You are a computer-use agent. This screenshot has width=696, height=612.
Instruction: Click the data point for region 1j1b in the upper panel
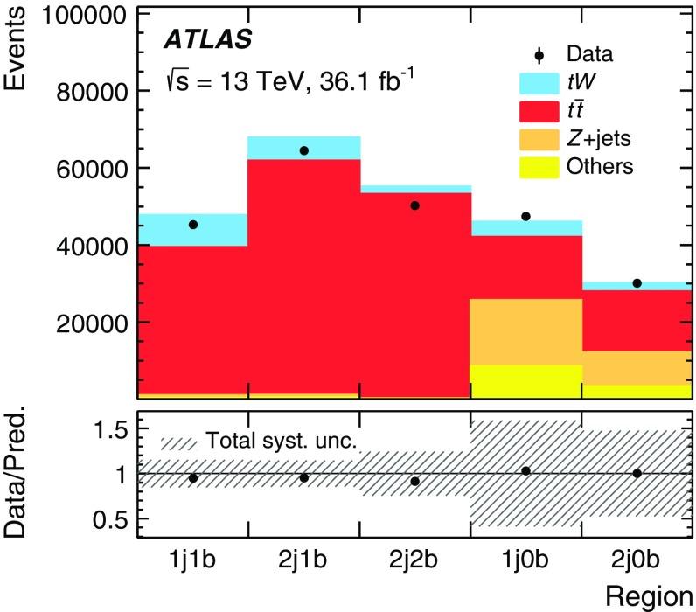coord(192,225)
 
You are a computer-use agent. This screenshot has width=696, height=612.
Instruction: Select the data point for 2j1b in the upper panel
coord(303,150)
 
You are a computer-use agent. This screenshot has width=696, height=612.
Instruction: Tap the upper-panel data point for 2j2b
coord(414,205)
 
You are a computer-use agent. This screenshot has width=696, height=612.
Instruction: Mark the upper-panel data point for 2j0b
coord(637,282)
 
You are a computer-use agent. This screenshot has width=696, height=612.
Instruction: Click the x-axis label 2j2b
coord(414,560)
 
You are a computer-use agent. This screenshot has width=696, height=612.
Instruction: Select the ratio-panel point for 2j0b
coord(637,473)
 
